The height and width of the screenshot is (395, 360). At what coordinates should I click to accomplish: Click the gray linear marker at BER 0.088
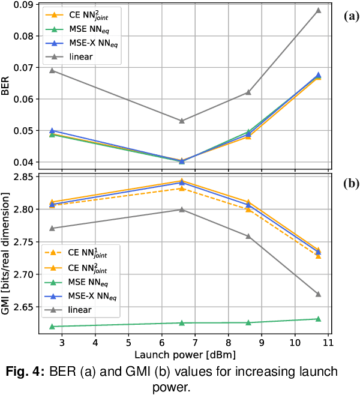tap(319, 10)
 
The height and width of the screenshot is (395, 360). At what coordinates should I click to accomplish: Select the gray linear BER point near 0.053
tap(182, 121)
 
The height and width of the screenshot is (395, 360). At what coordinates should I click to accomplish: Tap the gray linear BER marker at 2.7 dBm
tap(52, 70)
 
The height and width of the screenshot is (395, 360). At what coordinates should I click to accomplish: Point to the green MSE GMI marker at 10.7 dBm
tap(319, 319)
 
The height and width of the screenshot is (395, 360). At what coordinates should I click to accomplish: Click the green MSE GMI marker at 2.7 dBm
tap(52, 326)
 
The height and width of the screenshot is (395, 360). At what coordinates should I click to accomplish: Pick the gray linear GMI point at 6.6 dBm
tap(182, 210)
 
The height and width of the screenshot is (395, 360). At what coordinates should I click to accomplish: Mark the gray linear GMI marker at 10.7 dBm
tap(319, 294)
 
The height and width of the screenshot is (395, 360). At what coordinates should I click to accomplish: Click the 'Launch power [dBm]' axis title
tap(185, 354)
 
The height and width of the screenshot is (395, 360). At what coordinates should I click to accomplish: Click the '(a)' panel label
tap(350, 17)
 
